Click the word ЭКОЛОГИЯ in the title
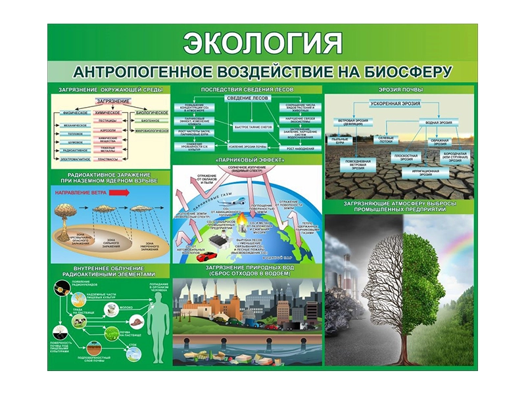[x=262, y=43]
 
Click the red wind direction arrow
[x=112, y=194]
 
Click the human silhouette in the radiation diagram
[x=156, y=322]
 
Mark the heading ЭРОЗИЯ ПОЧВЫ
[x=400, y=89]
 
